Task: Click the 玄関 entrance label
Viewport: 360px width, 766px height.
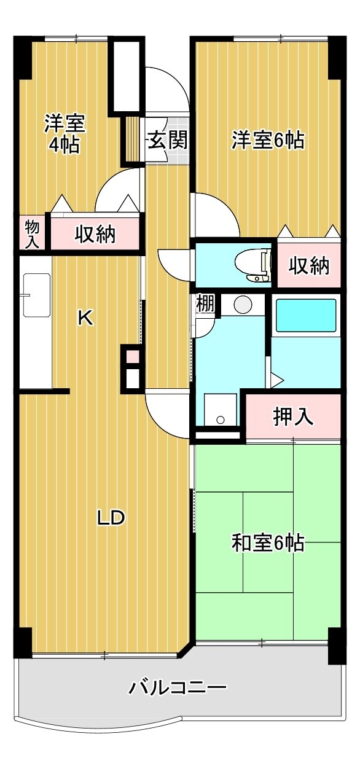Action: click(x=168, y=140)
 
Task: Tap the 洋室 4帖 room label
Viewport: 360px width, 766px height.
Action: click(x=65, y=134)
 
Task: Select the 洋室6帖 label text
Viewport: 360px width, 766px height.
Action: click(x=268, y=140)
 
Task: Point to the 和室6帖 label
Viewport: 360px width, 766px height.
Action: click(x=268, y=542)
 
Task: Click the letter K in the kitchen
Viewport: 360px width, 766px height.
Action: click(x=85, y=318)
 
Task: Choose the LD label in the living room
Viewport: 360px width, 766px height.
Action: click(x=111, y=517)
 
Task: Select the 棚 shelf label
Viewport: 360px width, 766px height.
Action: click(x=205, y=303)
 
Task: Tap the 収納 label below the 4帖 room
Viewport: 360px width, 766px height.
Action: click(x=95, y=234)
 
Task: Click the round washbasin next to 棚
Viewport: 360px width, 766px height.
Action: click(x=243, y=303)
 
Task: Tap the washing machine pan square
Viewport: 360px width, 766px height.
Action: click(x=221, y=409)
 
